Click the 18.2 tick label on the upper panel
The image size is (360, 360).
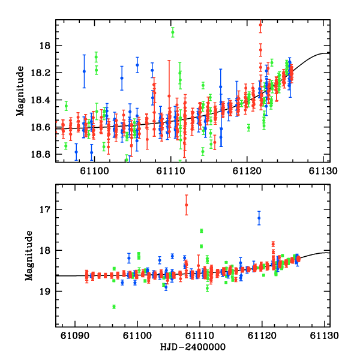43,73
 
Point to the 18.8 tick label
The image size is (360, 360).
43,154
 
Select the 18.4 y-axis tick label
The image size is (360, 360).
43,100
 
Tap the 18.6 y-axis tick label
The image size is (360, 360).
43,127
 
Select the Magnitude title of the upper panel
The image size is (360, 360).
20,91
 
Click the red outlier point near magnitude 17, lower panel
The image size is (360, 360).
186,205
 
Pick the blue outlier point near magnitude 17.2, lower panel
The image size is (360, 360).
259,219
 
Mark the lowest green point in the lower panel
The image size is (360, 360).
113,307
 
